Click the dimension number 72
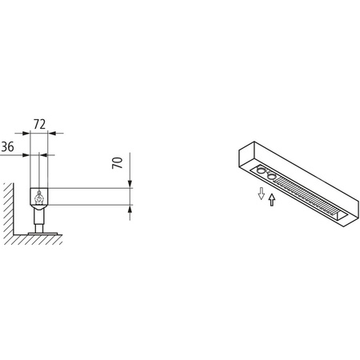39,124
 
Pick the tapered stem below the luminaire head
38,216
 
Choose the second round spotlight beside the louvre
271,175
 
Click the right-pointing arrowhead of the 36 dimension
28,154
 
